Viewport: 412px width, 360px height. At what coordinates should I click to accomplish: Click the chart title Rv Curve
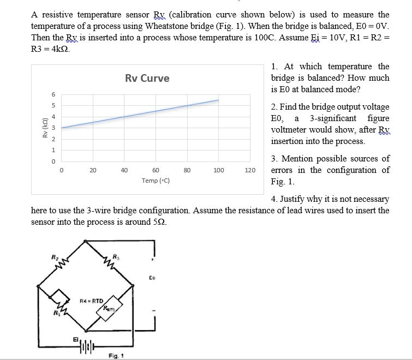click(147, 78)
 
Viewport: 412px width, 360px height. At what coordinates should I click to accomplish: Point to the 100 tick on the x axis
click(218, 170)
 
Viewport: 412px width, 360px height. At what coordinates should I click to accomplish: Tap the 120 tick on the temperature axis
click(250, 170)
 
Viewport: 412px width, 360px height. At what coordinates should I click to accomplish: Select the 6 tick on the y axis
click(52, 93)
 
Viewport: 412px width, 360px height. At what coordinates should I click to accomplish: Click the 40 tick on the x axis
click(124, 170)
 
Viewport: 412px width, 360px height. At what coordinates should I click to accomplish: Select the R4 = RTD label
click(91, 301)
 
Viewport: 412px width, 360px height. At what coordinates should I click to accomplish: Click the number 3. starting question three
click(275, 159)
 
